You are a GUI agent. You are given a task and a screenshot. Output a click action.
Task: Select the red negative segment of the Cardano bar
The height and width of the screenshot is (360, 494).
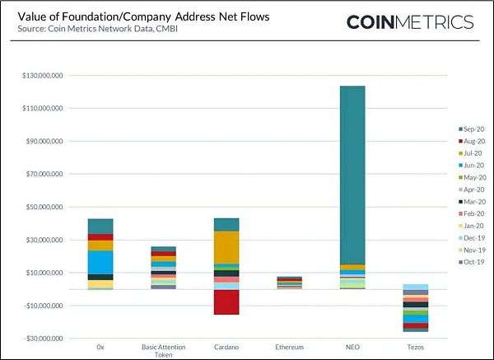[x=226, y=302]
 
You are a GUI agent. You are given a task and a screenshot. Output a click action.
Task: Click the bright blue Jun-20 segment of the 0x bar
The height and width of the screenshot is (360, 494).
[x=100, y=262]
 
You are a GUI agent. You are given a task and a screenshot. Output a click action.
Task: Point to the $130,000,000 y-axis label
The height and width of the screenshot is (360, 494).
[x=44, y=76]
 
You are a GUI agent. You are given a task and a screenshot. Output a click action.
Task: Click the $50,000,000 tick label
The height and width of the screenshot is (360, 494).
[x=45, y=207]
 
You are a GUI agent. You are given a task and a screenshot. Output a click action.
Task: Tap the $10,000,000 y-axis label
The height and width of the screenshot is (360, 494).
[x=45, y=273]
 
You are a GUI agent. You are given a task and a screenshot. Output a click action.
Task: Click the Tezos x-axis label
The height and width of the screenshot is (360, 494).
[x=416, y=347]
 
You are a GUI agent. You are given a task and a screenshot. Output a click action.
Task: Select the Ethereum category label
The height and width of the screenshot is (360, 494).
[x=289, y=347]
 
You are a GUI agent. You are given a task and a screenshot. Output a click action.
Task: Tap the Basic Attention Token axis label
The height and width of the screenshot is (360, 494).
[x=163, y=350]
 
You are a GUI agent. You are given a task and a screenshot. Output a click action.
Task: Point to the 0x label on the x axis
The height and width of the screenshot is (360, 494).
[x=100, y=347]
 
